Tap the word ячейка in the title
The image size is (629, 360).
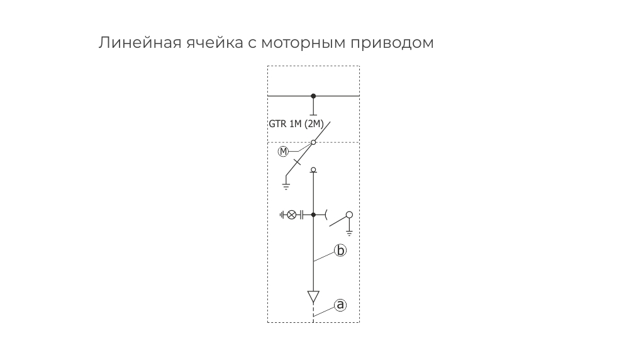pyautogui.click(x=215, y=43)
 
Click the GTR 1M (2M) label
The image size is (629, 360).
pyautogui.click(x=296, y=124)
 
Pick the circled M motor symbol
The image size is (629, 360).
pyautogui.click(x=283, y=151)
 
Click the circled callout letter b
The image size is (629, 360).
pyautogui.click(x=340, y=250)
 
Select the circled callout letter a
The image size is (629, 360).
pyautogui.click(x=340, y=305)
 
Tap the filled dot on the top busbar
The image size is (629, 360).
pyautogui.click(x=313, y=96)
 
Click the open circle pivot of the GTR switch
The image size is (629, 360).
pyautogui.click(x=313, y=142)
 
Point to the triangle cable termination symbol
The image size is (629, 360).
pyautogui.click(x=313, y=297)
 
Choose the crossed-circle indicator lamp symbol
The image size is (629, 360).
pyautogui.click(x=292, y=215)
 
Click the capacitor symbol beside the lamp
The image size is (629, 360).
pyautogui.click(x=301, y=215)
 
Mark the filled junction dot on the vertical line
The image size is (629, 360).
pyautogui.click(x=313, y=215)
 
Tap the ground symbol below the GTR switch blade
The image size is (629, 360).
pyautogui.click(x=286, y=186)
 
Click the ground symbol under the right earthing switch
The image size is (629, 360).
pyautogui.click(x=349, y=233)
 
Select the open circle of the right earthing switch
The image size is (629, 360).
pyautogui.click(x=349, y=215)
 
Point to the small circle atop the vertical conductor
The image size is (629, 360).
pyautogui.click(x=313, y=169)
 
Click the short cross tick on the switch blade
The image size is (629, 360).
pyautogui.click(x=297, y=162)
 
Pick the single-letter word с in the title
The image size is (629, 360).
pyautogui.click(x=252, y=44)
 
